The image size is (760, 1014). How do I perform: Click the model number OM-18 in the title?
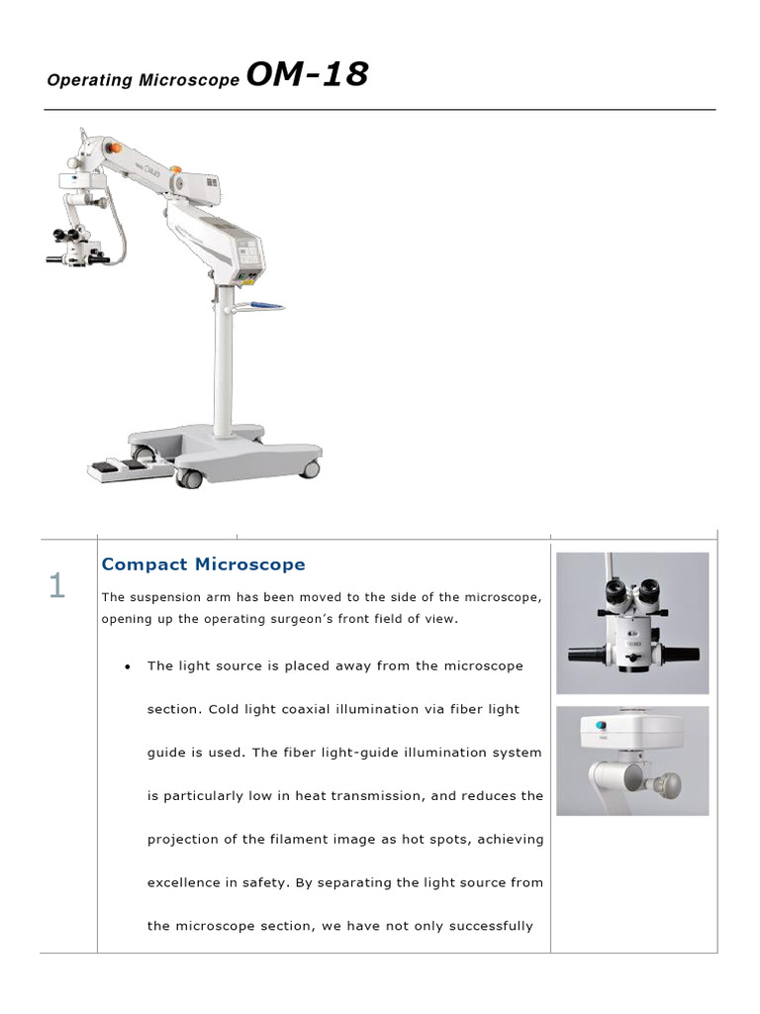(306, 74)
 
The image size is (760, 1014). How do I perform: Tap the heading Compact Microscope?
(203, 564)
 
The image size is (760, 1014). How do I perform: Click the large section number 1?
(57, 586)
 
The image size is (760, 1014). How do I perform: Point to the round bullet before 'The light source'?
(128, 666)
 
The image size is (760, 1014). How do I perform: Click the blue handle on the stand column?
(265, 306)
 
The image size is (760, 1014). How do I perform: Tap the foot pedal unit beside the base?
(119, 467)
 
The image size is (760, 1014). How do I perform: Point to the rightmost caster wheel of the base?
(310, 468)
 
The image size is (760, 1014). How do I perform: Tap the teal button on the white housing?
(601, 725)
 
